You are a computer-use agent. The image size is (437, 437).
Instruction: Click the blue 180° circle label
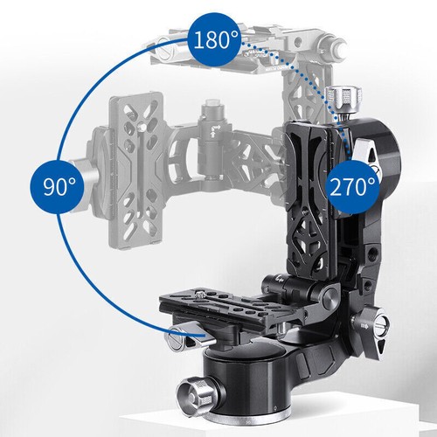pyautogui.click(x=215, y=39)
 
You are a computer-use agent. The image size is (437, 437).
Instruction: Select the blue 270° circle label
pyautogui.click(x=353, y=187)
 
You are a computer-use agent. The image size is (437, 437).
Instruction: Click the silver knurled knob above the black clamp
pyautogui.click(x=343, y=100)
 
